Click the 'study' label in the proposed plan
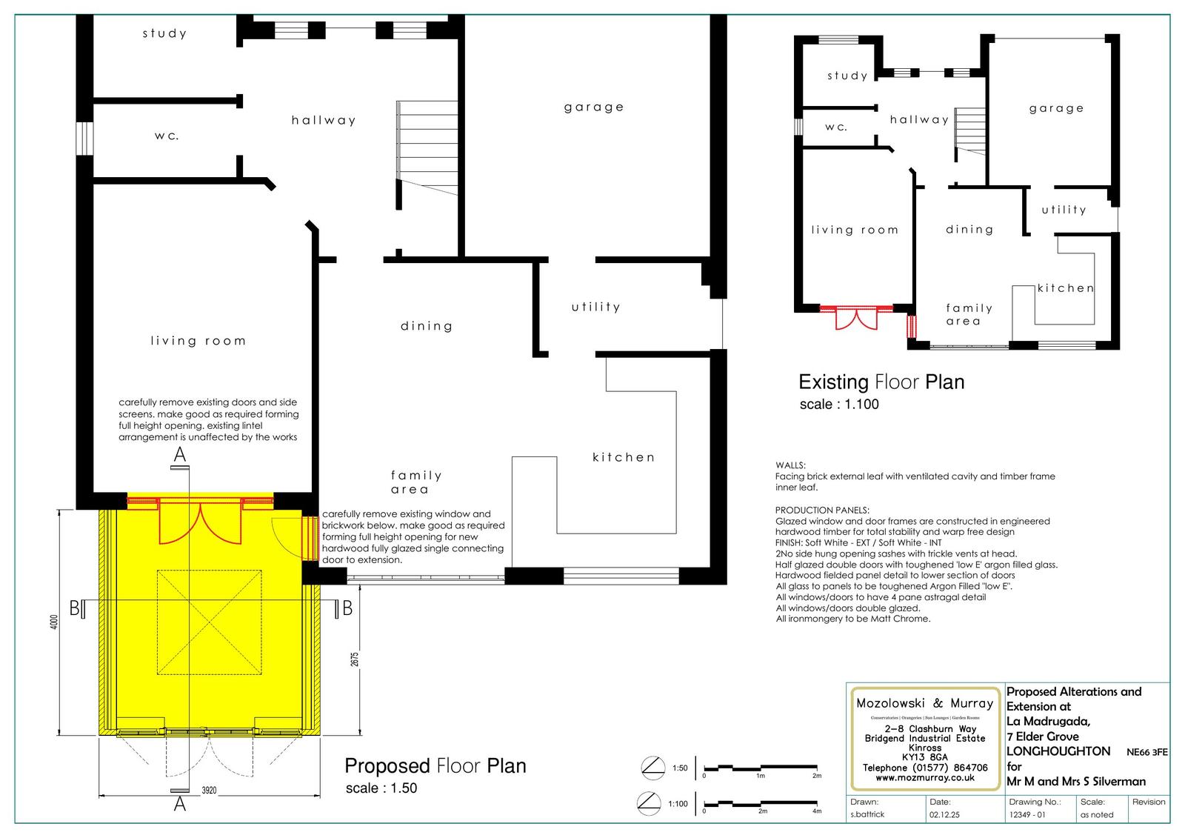tap(164, 33)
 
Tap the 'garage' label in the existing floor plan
tap(1056, 108)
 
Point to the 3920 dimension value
tap(209, 791)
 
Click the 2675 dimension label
tap(355, 658)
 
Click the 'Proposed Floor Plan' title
tap(435, 765)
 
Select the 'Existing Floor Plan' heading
tap(881, 382)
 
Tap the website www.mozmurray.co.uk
tap(924, 778)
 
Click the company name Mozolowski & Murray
tap(924, 703)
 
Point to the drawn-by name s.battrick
tap(867, 814)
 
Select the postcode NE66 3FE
tap(1147, 752)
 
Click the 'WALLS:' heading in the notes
tap(790, 465)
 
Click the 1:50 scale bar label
tap(680, 768)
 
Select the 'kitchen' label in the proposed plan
tap(624, 457)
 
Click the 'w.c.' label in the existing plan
tap(836, 127)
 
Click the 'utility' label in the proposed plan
tap(595, 307)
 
